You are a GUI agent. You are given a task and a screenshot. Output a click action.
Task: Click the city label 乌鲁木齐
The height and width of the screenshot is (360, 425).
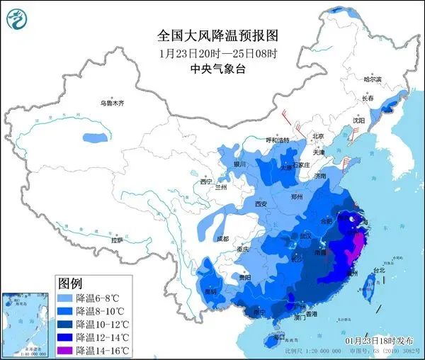[111, 103]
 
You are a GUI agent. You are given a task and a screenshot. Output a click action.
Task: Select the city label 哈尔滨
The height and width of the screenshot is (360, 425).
[372, 79]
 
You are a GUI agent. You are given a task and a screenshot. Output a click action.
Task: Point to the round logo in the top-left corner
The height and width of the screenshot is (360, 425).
[18, 19]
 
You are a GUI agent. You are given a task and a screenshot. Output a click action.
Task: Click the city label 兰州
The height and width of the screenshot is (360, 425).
[220, 188]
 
